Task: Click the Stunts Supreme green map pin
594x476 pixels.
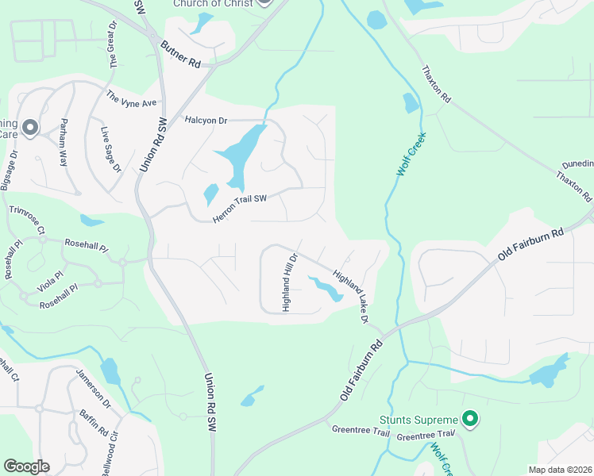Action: (470, 419)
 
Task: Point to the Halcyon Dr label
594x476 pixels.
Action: (206, 121)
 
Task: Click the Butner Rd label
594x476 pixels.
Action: (180, 54)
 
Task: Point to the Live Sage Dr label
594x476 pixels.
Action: (110, 149)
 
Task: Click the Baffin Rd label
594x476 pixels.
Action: (94, 426)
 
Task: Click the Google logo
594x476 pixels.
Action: (26, 466)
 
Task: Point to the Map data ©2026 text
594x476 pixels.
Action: (560, 470)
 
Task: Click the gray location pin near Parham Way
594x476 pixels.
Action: (30, 127)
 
